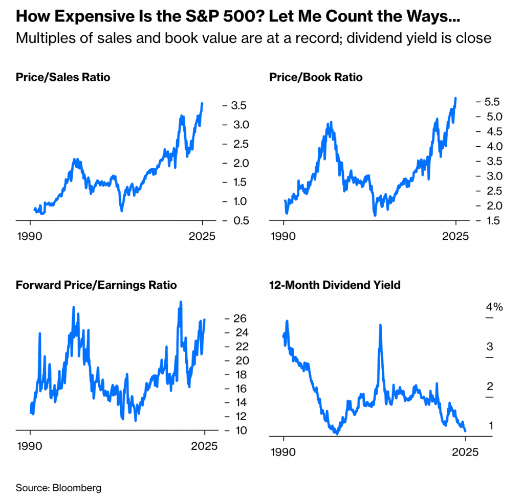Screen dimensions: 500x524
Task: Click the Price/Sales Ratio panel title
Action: coord(63,78)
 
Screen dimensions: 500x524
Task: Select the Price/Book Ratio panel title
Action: coord(316,78)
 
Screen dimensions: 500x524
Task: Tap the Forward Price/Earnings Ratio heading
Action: coord(96,285)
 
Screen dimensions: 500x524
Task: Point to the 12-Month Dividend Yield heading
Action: coord(335,285)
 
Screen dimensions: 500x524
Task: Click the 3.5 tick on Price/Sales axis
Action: coord(238,106)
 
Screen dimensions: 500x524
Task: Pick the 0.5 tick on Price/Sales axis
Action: coord(238,221)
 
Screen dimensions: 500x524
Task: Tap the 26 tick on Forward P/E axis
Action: coord(235,319)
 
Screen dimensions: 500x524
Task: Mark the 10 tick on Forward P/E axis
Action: coord(235,430)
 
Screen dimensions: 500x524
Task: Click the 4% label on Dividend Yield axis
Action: coord(494,307)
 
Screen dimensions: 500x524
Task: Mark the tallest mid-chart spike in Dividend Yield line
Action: coord(380,325)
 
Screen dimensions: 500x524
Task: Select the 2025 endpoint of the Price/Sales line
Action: coord(202,104)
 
